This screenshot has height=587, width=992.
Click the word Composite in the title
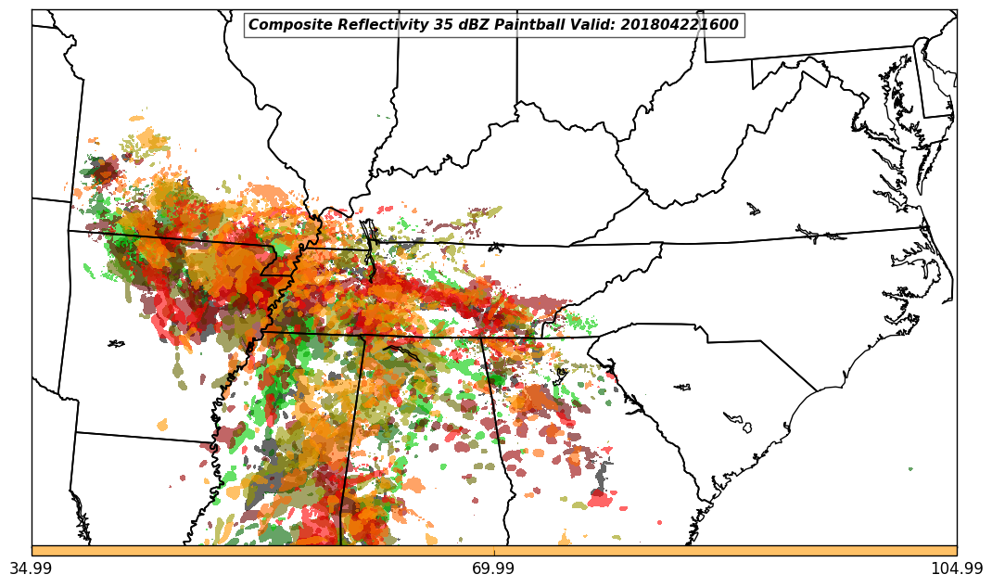point(286,25)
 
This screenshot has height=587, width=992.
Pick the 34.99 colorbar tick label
point(31,568)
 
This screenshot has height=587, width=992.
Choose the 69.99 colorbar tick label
point(493,568)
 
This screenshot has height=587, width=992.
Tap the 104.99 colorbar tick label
point(957,568)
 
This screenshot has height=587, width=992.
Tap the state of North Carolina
point(788,278)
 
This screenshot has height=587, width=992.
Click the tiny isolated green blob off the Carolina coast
point(910,469)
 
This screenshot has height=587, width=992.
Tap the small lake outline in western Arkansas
point(116,344)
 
